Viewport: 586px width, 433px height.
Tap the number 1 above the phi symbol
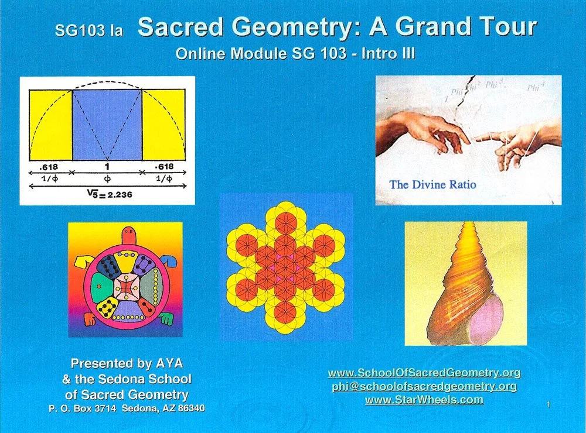coord(107,167)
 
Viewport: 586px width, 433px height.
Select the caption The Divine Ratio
coord(432,184)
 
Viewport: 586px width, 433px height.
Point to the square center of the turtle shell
coord(125,286)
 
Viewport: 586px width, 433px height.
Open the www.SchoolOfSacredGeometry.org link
coord(424,373)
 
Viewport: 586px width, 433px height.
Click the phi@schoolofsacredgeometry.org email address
coord(424,386)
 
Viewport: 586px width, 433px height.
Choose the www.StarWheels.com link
coord(424,400)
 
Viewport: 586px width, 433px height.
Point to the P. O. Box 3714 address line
coord(127,408)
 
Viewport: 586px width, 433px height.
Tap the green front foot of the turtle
coord(166,319)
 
